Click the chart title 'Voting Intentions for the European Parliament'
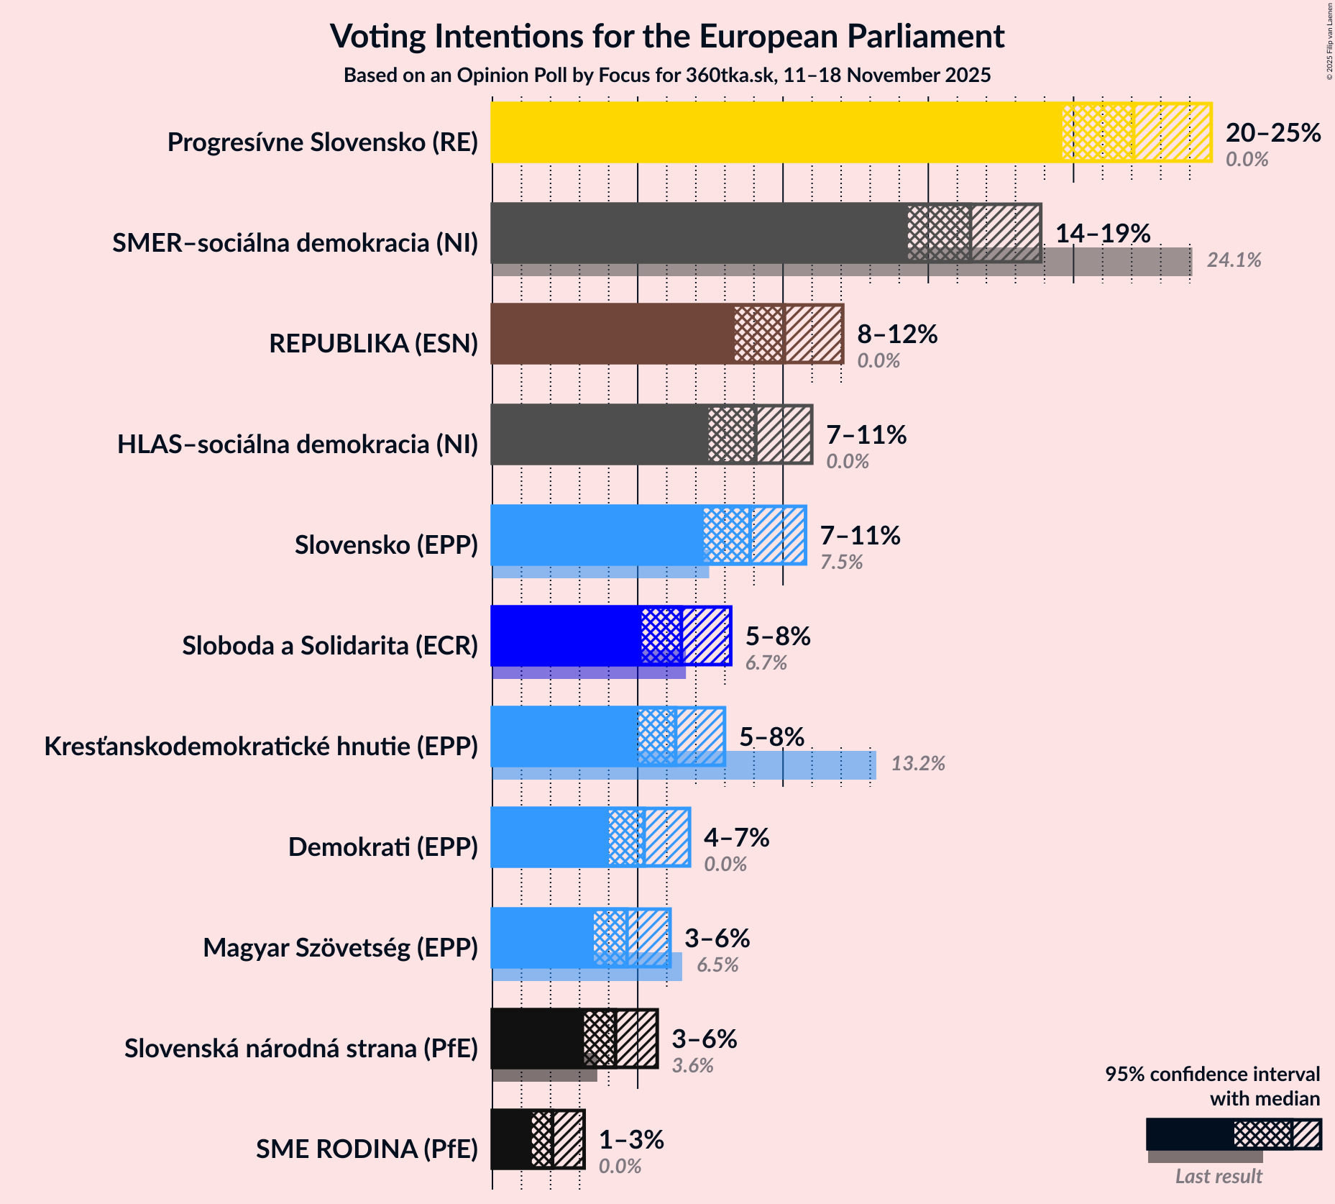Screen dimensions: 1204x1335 [x=666, y=37]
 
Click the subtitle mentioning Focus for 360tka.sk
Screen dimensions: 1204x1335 [x=666, y=76]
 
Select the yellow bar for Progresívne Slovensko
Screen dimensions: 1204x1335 [x=776, y=132]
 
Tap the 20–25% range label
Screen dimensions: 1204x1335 [x=1272, y=133]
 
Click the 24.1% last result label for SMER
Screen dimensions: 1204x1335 [x=1234, y=260]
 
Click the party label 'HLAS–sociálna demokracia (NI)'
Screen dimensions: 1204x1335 [x=298, y=444]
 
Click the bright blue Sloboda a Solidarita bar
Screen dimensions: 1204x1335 [x=565, y=636]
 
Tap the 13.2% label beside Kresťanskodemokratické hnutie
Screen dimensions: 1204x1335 [x=918, y=764]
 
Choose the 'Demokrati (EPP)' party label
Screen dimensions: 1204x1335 [x=382, y=847]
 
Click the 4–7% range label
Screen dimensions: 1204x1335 [x=736, y=838]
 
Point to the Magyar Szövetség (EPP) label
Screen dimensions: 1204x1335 [x=340, y=948]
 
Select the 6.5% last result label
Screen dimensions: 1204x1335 [x=717, y=965]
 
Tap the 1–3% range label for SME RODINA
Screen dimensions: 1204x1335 [x=631, y=1140]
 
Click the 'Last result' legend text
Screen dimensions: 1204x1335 [x=1219, y=1177]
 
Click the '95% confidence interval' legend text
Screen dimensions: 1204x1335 [x=1212, y=1075]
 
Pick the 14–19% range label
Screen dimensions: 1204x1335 [x=1102, y=234]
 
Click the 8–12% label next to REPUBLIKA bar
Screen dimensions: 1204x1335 [x=897, y=334]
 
